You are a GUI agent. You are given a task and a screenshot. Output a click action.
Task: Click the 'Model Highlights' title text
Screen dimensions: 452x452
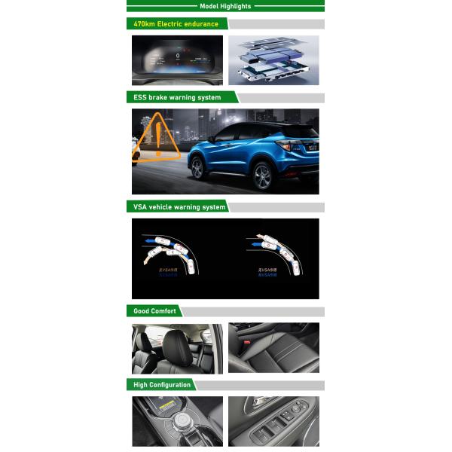pyautogui.click(x=225, y=6)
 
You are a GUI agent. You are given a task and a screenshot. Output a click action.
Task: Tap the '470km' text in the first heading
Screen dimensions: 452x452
pyautogui.click(x=145, y=24)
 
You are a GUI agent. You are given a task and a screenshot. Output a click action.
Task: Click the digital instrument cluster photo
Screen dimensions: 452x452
pyautogui.click(x=177, y=60)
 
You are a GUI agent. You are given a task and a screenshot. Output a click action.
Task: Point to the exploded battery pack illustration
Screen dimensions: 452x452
pyautogui.click(x=273, y=60)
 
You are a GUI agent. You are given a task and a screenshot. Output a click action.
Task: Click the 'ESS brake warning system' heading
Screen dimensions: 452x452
pyautogui.click(x=178, y=97)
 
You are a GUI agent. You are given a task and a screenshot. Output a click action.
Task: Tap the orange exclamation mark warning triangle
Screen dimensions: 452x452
pyautogui.click(x=159, y=139)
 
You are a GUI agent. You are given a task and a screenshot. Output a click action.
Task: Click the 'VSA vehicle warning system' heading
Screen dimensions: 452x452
pyautogui.click(x=179, y=206)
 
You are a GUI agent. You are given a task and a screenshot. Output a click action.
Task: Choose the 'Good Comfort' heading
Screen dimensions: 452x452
pyautogui.click(x=154, y=311)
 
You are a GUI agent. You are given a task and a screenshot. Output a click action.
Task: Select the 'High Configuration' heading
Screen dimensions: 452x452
pyautogui.click(x=162, y=385)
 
